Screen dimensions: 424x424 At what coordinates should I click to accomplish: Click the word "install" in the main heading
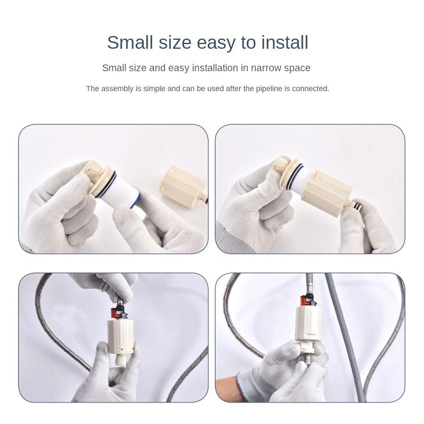[285, 42]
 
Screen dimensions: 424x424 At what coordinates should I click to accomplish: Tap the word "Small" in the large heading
[130, 42]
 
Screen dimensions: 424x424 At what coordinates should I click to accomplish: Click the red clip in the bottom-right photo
[305, 301]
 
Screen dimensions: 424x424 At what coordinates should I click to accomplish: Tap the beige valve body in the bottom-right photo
[308, 323]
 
